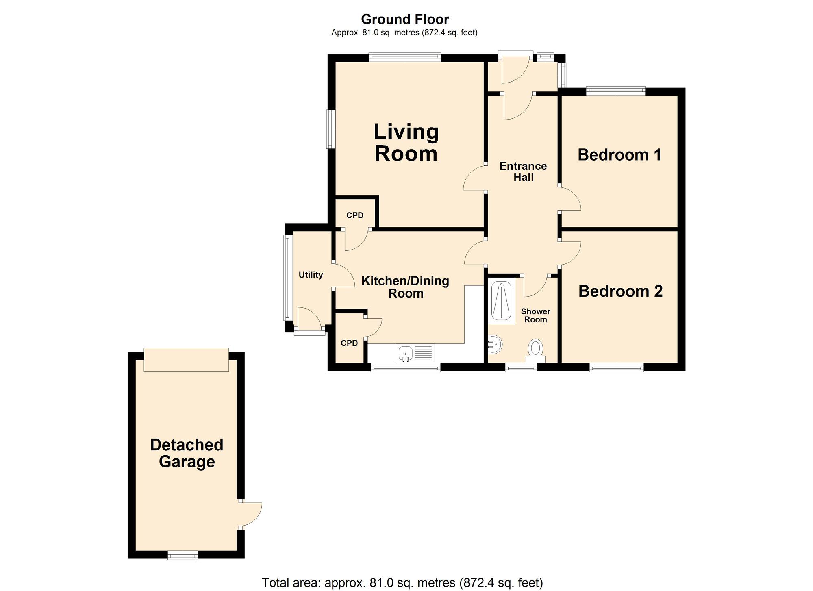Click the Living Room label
pos(406,143)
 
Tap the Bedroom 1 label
pos(619,155)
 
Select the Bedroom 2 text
pos(620,291)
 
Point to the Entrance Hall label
pos(523,172)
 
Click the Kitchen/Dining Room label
pos(405,287)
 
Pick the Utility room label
pos(311,275)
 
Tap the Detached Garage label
pos(187,453)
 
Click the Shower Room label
pos(535,315)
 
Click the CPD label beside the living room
pos(354,215)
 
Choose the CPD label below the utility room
pos(349,343)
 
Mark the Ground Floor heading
pos(405,19)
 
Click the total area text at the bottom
pos(402,582)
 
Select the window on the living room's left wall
pos(331,129)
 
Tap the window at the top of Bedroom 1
pos(615,91)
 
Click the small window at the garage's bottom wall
pos(183,555)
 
